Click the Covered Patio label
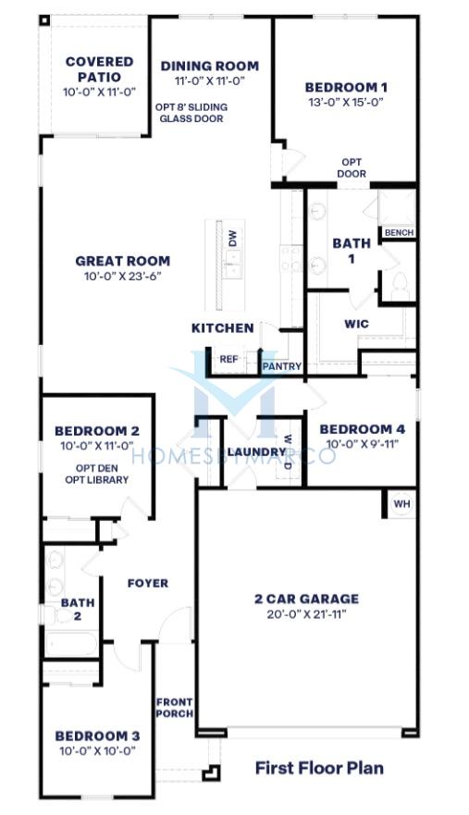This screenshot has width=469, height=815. tap(100, 69)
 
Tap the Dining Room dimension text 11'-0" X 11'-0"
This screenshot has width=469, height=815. tap(210, 80)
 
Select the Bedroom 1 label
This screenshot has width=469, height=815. tap(346, 87)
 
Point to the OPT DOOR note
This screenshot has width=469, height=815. tap(352, 167)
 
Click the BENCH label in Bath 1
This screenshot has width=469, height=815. tap(399, 233)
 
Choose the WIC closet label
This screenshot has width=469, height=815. tap(357, 324)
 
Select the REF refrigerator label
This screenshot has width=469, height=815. tap(228, 359)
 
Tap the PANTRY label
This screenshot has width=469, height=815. tap(282, 366)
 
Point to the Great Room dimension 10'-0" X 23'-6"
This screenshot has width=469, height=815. tap(123, 277)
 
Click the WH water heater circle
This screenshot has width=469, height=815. tap(401, 503)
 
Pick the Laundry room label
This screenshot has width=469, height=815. tap(257, 451)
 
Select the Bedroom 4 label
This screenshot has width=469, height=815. tap(363, 429)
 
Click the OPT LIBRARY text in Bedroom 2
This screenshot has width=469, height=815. tap(97, 480)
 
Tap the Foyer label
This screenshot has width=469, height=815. tap(148, 583)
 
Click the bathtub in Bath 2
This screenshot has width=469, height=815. tap(71, 644)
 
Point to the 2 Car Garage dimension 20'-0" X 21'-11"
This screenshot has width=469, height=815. tap(307, 614)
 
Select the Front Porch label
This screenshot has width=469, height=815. tap(175, 708)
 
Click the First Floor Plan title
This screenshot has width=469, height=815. tap(319, 768)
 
